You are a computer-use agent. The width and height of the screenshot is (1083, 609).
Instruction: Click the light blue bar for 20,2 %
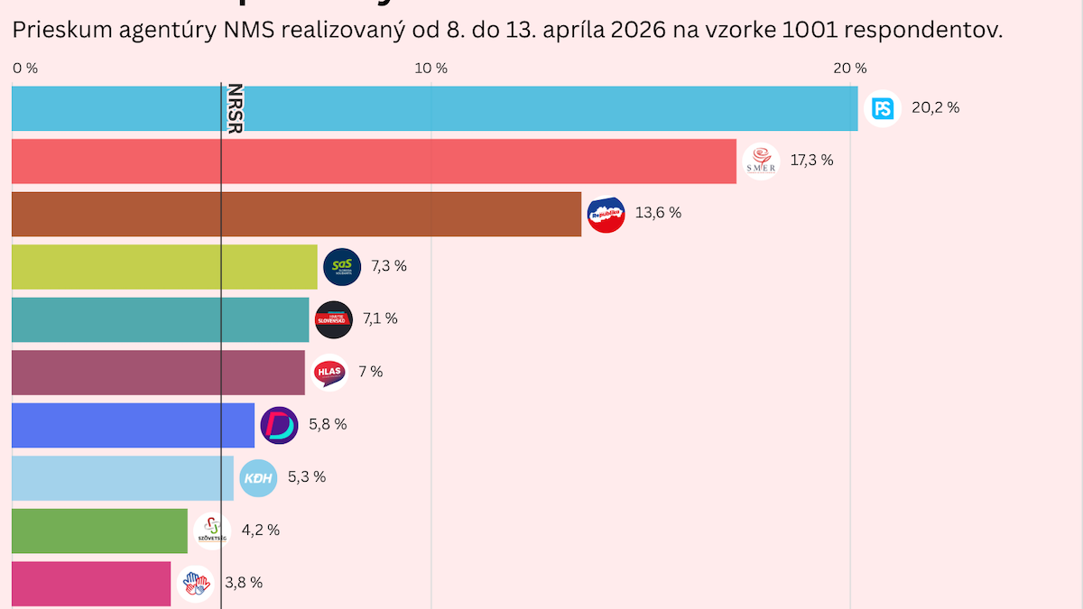point(433,108)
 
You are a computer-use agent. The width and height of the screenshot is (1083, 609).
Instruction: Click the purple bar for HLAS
point(158,373)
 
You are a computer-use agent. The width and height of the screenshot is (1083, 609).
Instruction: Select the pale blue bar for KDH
point(123,478)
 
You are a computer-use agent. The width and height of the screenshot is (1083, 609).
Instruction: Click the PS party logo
point(882,108)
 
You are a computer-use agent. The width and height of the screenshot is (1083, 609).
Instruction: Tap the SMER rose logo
point(760,161)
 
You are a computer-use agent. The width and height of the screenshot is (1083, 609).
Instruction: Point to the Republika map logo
point(606,214)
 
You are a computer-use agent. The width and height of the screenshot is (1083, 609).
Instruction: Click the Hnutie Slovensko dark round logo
point(333,319)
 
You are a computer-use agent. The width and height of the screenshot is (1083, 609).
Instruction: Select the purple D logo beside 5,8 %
point(279,425)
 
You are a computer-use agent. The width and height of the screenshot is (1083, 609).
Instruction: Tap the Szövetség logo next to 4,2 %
point(211,531)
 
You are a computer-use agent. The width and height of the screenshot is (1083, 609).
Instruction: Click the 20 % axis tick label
point(848,69)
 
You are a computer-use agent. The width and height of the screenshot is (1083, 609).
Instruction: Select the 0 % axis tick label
point(25,69)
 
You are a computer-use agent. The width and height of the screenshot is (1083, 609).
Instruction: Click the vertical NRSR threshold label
point(235,108)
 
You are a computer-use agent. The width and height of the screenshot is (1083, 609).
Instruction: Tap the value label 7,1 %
point(380,318)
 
